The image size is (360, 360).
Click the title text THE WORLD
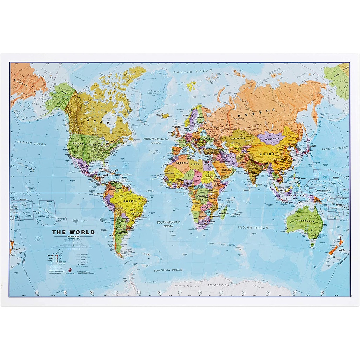click(73, 232)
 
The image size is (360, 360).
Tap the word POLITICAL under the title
click(73, 237)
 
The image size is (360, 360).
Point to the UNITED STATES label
click(84, 144)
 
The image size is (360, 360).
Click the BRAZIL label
click(130, 201)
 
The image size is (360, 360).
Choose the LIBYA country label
click(195, 164)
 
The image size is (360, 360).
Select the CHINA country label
click(268, 154)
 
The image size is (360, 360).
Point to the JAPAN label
click(312, 146)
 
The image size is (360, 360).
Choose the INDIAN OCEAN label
click(253, 228)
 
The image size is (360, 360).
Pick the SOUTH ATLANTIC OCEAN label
click(168, 224)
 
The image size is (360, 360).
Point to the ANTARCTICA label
click(218, 285)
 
